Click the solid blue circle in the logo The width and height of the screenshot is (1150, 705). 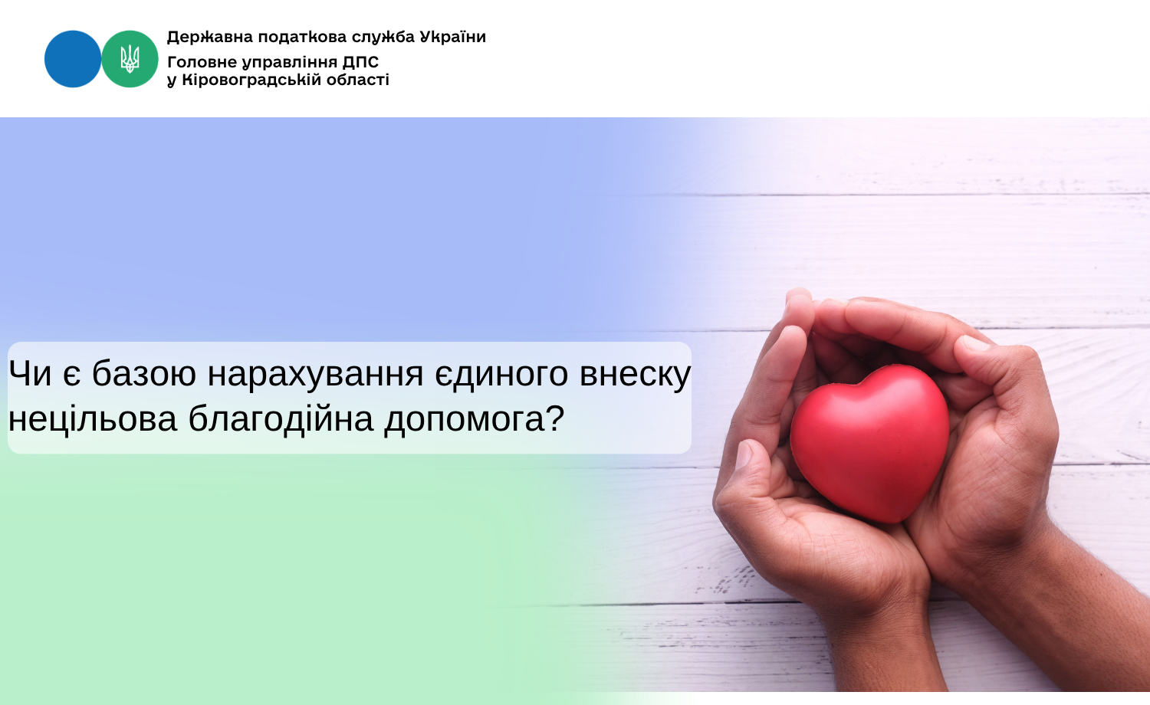point(73,59)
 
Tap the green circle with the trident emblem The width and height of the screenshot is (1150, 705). point(130,59)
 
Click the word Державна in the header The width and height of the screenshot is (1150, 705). point(210,38)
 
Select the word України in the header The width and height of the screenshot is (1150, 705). point(453,37)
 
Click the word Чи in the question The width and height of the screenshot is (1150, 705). point(30,373)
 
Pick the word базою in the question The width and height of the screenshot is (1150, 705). point(144,373)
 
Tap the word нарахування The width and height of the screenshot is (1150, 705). point(315,375)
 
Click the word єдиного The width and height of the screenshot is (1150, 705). point(501,375)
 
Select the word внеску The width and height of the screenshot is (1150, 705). point(636,375)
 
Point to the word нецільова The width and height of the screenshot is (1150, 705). point(93,419)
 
